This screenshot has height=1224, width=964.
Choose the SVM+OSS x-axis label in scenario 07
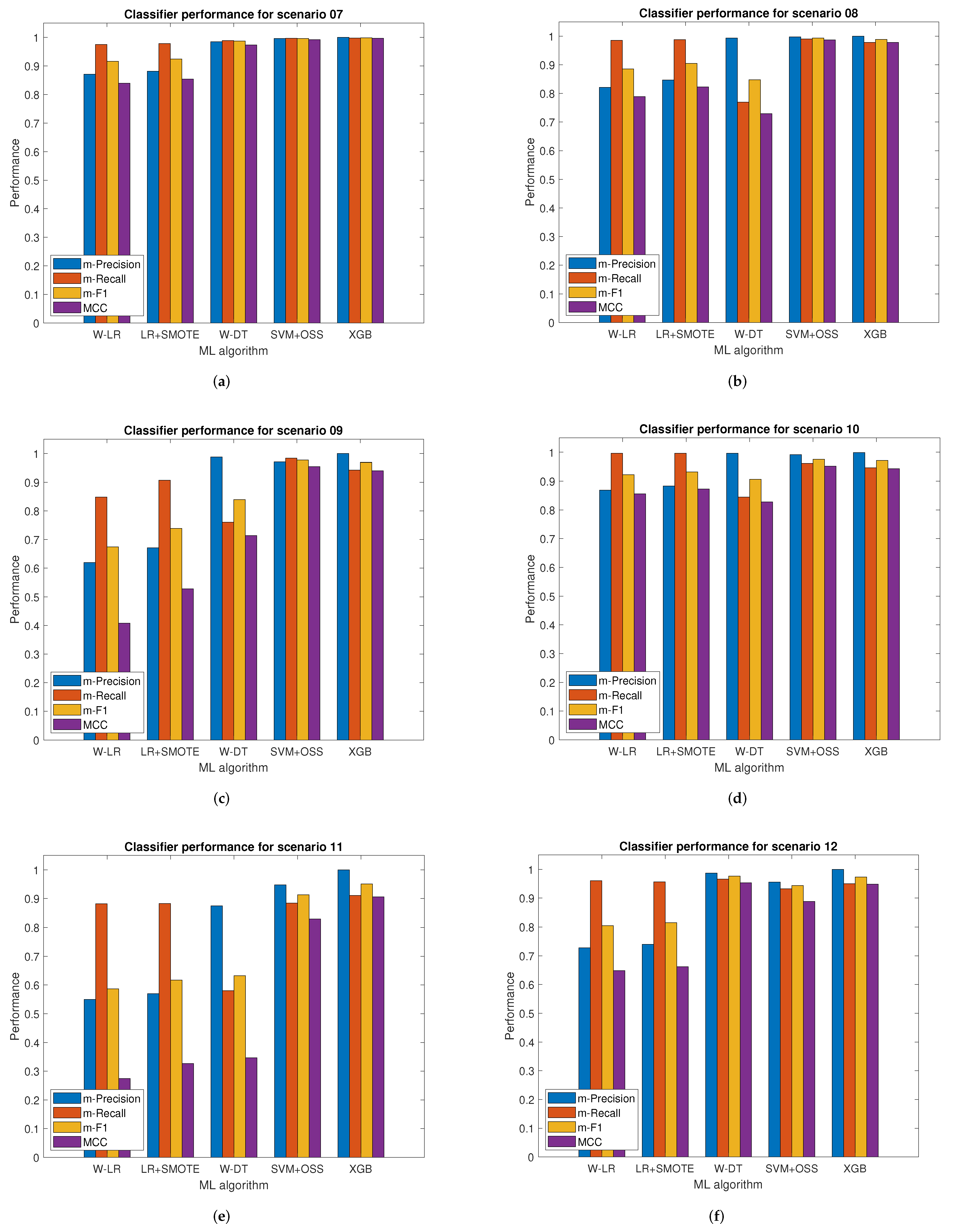[x=297, y=335]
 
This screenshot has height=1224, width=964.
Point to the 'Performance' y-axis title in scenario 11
[x=15, y=1006]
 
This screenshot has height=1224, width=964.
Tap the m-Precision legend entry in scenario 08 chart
[x=627, y=264]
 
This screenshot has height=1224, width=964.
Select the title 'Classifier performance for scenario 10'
[x=749, y=429]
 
